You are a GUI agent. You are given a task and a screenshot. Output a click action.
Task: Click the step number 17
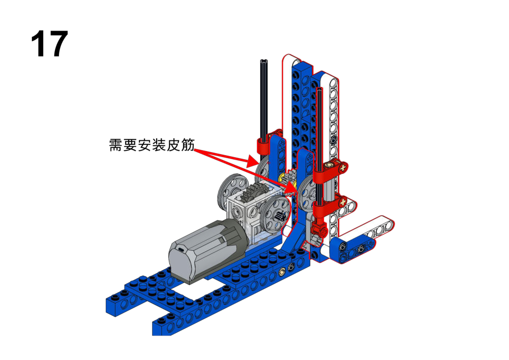click(49, 44)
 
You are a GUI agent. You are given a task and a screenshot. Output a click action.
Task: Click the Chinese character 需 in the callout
click(116, 145)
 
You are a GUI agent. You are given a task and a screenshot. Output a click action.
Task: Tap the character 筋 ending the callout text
click(188, 145)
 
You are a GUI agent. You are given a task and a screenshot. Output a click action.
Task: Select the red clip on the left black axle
click(263, 146)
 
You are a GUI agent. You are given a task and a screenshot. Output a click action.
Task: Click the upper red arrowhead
click(253, 161)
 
